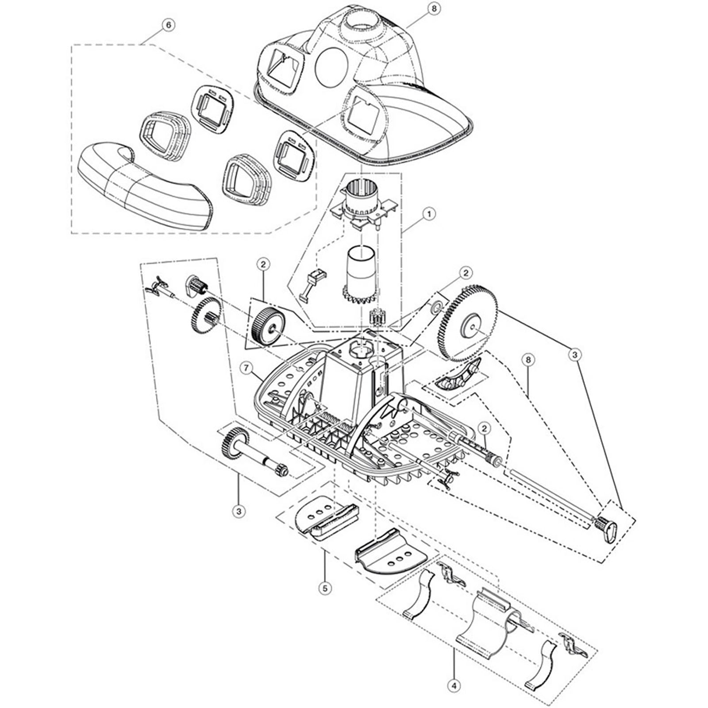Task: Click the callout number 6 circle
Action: [168, 25]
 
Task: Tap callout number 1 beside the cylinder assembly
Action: [428, 214]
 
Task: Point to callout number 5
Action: [325, 588]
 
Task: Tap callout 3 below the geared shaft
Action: [239, 512]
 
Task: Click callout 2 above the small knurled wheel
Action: [263, 265]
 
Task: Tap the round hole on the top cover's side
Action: [332, 67]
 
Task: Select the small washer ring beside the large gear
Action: [436, 306]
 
